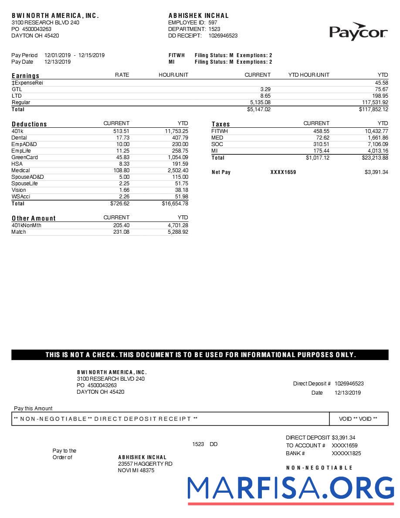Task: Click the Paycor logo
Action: tap(358, 31)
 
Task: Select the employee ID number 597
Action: tap(213, 23)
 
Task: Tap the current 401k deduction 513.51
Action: tap(122, 131)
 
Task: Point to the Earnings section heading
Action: tap(25, 75)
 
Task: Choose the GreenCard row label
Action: tap(24, 157)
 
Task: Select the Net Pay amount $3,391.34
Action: tap(376, 172)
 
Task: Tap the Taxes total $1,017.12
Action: tap(317, 157)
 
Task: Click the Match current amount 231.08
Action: tap(121, 232)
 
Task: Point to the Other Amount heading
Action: tap(34, 218)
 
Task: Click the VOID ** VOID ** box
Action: tap(358, 419)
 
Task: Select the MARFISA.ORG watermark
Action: tap(291, 489)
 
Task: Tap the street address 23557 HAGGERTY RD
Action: tap(145, 464)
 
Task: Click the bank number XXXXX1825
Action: tap(346, 453)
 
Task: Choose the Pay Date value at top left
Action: tap(58, 62)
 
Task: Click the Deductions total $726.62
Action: tap(120, 203)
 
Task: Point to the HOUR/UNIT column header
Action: tap(173, 75)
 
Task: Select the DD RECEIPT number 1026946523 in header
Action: tap(223, 36)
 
